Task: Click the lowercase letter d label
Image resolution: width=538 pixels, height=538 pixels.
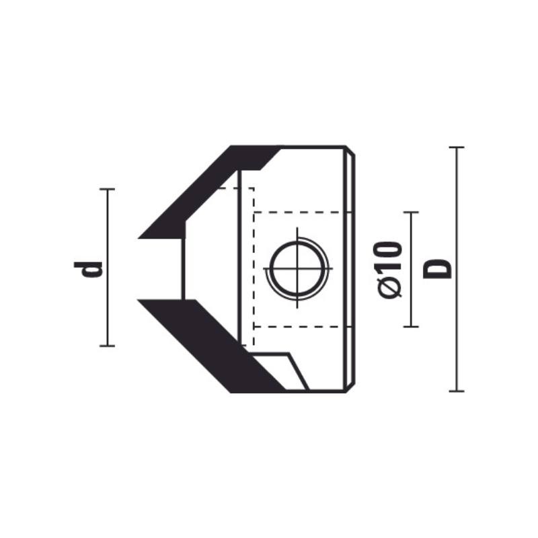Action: (x=88, y=269)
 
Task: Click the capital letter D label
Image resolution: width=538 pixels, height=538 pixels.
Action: (x=437, y=269)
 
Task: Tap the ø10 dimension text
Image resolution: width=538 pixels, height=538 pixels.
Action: (x=390, y=270)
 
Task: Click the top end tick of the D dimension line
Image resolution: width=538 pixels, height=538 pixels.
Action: (x=457, y=147)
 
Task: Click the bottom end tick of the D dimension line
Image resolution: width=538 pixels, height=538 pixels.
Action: (x=457, y=391)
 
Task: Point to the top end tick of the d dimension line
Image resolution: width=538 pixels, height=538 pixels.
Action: (x=107, y=189)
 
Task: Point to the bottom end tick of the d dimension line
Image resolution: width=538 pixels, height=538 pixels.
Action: (x=107, y=346)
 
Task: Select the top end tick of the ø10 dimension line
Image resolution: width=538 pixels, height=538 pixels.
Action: (x=411, y=213)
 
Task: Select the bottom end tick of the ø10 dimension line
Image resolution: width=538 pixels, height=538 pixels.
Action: (x=411, y=327)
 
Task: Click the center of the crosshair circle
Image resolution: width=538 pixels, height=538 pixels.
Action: (x=297, y=268)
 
